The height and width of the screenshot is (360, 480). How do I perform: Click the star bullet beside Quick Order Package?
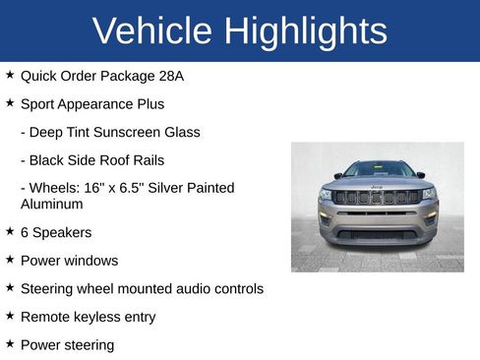coord(10,75)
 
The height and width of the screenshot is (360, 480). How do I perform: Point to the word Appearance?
coord(98,103)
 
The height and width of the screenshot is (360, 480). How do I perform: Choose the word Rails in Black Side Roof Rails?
coord(147,159)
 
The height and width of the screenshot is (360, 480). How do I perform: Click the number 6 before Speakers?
coord(25,232)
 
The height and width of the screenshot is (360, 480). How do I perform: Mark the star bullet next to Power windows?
coord(10,260)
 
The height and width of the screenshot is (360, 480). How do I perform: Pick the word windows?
coord(91,261)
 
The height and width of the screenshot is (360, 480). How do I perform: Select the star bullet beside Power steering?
coord(10,344)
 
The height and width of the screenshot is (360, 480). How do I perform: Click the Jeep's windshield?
coord(379,169)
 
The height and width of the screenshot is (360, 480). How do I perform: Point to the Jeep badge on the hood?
coord(378,186)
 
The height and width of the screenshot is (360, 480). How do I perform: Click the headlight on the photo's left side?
coord(326,195)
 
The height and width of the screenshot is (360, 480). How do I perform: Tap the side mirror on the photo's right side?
coord(422,175)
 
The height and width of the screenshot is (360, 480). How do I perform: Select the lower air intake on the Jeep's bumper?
coord(378,234)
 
